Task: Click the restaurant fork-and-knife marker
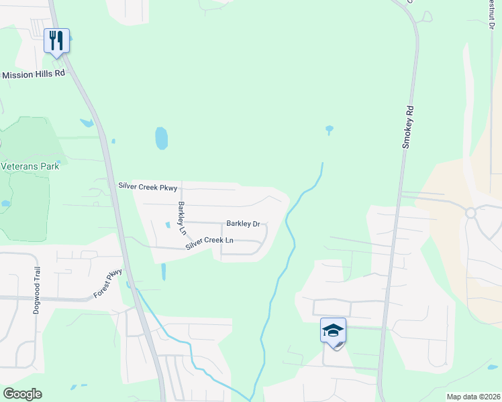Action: [x=56, y=40]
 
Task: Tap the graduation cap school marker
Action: [x=334, y=331]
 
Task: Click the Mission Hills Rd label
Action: [x=34, y=74]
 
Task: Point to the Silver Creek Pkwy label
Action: [x=148, y=186]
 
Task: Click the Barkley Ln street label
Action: [x=182, y=218]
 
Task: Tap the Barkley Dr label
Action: [x=243, y=224]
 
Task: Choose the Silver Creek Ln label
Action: [x=210, y=241]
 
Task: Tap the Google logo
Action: [x=22, y=394]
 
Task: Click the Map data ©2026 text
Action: [x=473, y=397]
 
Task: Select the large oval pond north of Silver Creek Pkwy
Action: [x=161, y=138]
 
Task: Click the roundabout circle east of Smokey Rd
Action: [x=470, y=213]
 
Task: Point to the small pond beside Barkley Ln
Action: [x=167, y=224]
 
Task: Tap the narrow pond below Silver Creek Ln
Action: [x=163, y=271]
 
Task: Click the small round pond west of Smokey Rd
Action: [x=329, y=129]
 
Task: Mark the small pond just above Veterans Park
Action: [x=86, y=123]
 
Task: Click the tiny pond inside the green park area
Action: [x=5, y=203]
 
